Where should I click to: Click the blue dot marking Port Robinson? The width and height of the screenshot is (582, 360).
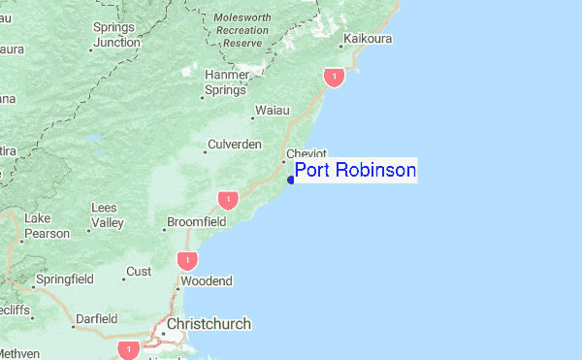pos(291,179)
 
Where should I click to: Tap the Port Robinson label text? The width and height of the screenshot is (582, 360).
pos(355,172)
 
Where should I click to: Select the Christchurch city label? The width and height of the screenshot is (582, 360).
pos(209,324)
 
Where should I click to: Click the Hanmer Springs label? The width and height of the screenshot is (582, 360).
pos(226,83)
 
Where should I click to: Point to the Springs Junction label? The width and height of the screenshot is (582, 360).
pos(117,35)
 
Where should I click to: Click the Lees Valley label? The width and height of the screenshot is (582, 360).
pos(107,215)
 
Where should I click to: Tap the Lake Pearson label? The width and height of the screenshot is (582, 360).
pos(48,225)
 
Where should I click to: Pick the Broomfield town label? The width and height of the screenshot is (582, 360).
pos(197,222)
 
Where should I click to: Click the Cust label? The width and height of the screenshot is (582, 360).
pos(140,271)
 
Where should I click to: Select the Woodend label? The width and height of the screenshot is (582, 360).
pos(207,281)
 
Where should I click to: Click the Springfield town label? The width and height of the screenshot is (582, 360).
pos(64,279)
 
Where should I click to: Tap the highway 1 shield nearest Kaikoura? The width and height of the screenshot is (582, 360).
pos(335,77)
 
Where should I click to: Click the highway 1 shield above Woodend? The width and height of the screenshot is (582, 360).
pos(186,260)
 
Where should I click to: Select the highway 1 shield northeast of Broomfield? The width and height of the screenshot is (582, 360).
pos(227,200)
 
